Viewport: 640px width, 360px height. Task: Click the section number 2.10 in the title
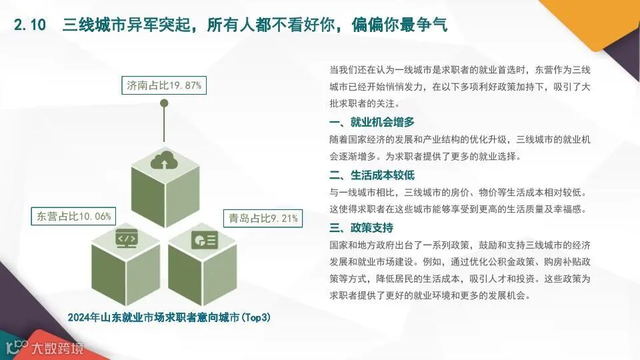(x=30, y=25)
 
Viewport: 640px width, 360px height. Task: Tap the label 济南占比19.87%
(x=164, y=85)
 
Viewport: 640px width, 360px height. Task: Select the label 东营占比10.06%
(x=74, y=216)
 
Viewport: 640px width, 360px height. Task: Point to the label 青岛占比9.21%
(x=263, y=218)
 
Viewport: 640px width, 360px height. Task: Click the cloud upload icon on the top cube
(x=163, y=161)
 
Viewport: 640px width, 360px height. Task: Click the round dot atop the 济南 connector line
(x=163, y=103)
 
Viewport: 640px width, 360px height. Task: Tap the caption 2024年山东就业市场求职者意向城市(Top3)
(x=169, y=317)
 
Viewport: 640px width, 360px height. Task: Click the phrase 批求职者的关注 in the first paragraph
(x=363, y=104)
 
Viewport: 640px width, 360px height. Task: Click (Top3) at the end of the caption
(x=255, y=317)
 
